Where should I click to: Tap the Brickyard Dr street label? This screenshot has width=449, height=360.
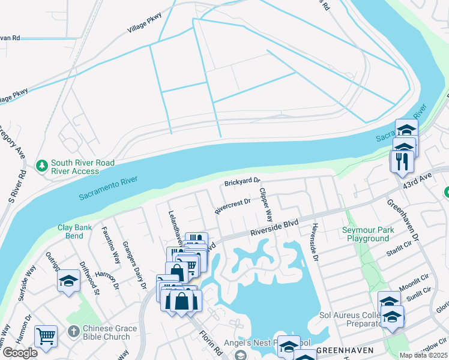(243, 181)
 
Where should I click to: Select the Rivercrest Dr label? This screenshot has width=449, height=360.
(232, 207)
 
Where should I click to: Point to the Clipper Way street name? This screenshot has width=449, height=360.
(265, 205)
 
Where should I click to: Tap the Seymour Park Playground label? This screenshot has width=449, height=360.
(368, 234)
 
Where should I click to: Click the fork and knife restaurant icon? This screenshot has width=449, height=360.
(400, 161)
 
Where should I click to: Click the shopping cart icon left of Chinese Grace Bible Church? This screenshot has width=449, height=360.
(46, 336)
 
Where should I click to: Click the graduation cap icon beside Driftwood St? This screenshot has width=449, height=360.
(68, 280)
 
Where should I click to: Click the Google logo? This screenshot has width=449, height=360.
(20, 353)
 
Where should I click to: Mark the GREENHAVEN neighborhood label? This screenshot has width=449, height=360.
(346, 350)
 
